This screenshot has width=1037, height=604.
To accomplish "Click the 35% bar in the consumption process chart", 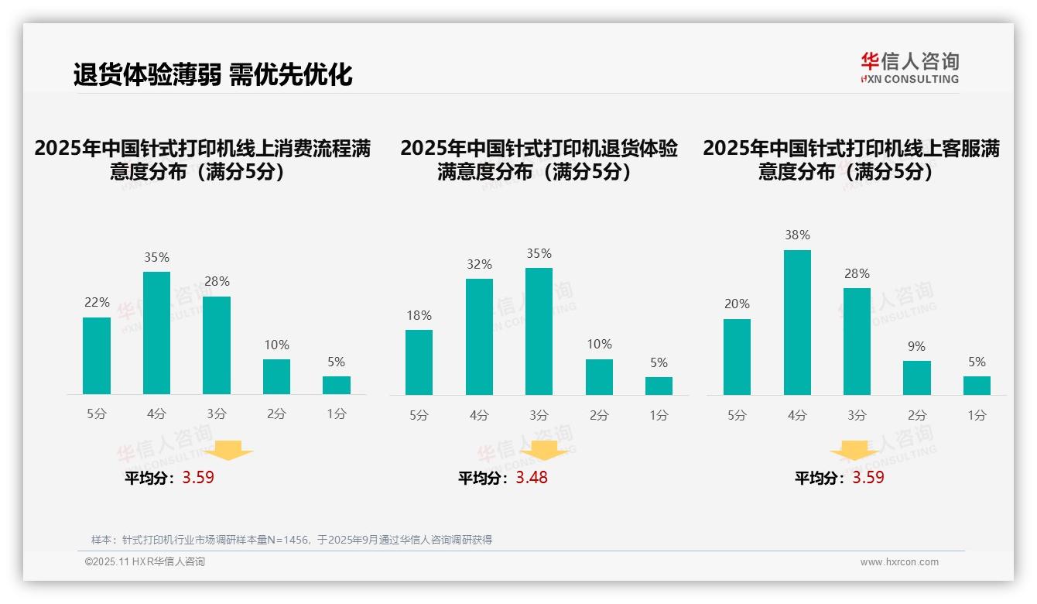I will [x=156, y=333].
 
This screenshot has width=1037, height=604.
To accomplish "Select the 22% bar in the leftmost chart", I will [x=97, y=356].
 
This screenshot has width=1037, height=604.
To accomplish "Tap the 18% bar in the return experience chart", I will [x=419, y=362].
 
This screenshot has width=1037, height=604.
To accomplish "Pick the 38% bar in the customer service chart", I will [x=797, y=322].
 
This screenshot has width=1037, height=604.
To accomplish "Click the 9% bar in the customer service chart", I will [x=917, y=378].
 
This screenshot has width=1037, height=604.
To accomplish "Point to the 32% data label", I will [x=479, y=265].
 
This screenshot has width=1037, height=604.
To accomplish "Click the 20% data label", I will [x=737, y=304].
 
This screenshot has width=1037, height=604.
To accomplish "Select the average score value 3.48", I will [x=532, y=478].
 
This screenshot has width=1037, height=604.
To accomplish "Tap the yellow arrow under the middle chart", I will [x=544, y=450].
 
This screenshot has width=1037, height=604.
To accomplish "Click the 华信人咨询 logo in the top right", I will [x=909, y=67].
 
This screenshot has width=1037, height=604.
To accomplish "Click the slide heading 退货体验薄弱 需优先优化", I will [x=213, y=74].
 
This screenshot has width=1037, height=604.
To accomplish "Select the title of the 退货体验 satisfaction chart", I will [x=539, y=160].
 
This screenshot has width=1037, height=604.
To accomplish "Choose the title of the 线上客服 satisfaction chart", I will [x=851, y=160].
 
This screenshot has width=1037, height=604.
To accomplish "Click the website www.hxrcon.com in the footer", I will [x=898, y=562].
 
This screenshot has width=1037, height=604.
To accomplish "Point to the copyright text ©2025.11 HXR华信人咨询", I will [x=145, y=562].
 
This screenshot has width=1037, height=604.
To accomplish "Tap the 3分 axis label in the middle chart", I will [x=539, y=415].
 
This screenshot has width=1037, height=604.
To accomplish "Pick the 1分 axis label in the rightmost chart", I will [x=977, y=415].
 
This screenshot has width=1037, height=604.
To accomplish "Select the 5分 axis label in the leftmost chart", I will [x=97, y=414].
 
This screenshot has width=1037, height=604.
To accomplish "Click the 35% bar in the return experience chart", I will [x=539, y=331].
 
